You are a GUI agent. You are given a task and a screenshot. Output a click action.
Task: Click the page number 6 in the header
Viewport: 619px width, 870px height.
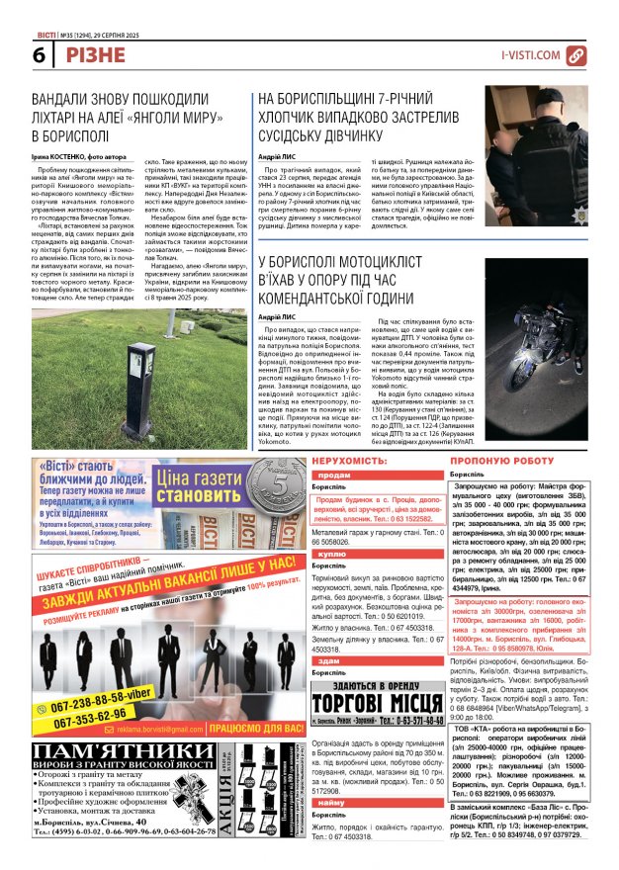[x=13, y=54]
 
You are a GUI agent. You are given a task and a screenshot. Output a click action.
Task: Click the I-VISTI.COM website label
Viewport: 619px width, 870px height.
[x=530, y=55]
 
